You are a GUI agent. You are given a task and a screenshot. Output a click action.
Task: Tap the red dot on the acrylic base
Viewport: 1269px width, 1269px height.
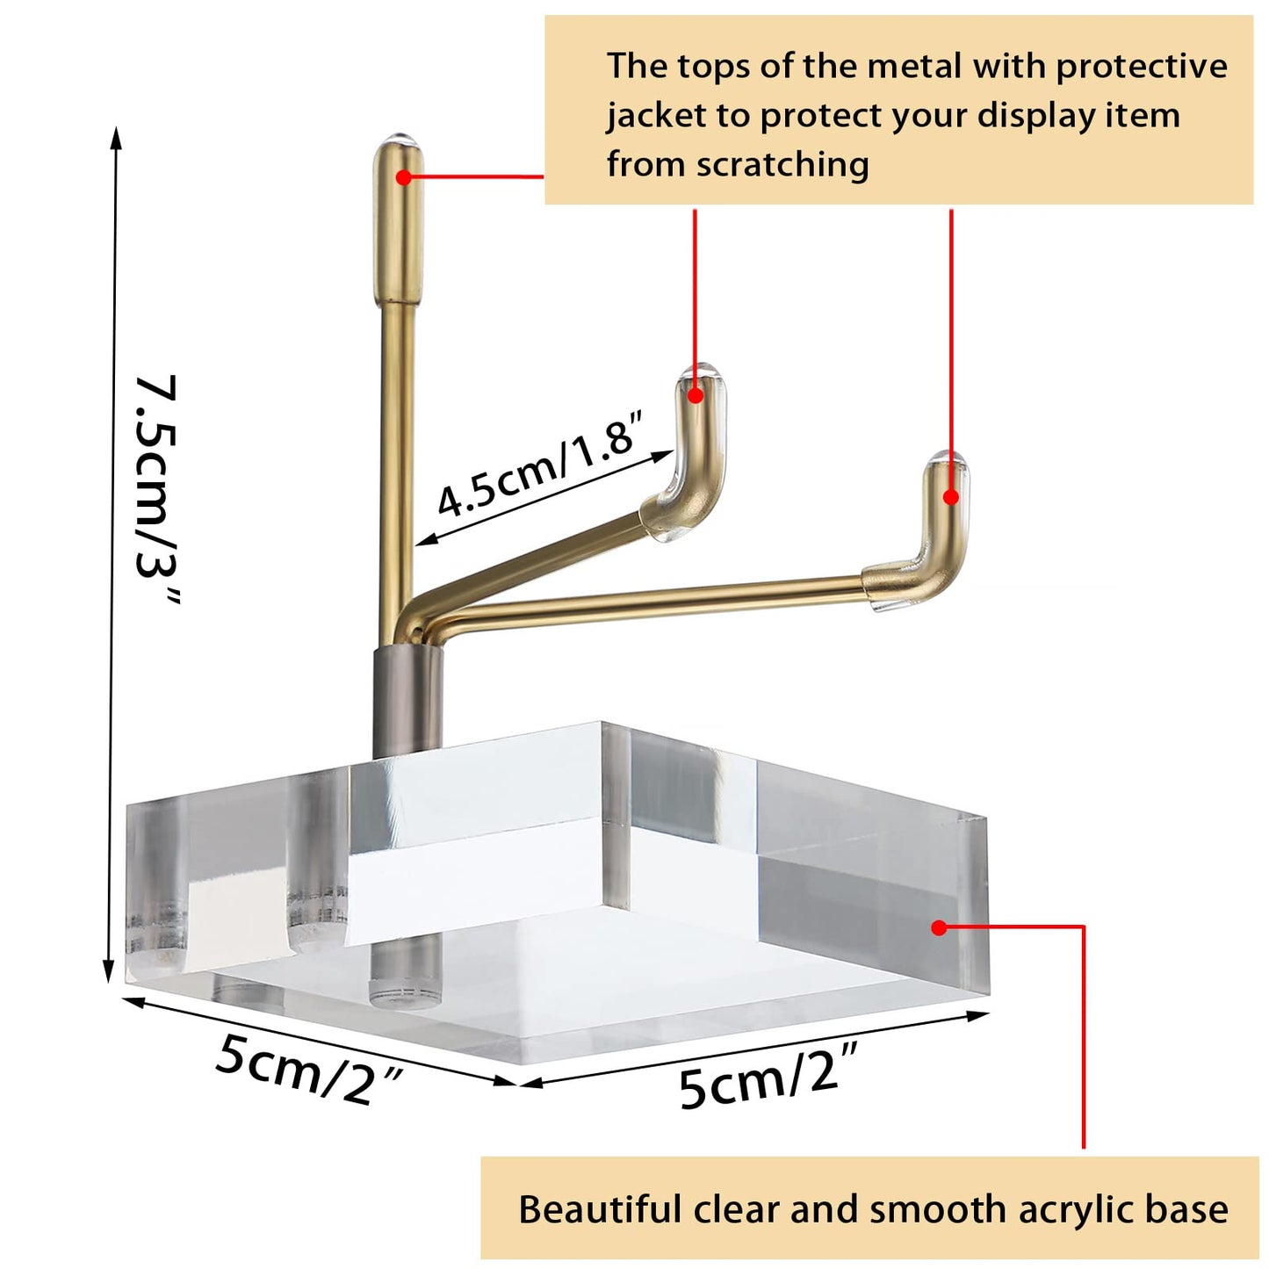[939, 928]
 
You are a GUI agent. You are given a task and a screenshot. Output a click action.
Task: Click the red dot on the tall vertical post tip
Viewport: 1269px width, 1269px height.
[403, 177]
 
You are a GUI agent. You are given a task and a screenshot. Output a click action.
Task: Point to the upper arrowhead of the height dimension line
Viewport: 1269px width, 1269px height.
[117, 137]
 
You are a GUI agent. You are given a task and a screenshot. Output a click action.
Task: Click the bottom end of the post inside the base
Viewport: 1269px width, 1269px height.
[405, 999]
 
